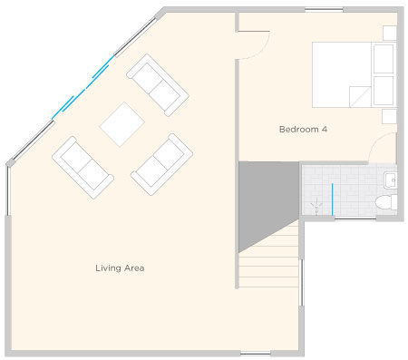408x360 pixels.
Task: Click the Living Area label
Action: point(120,268)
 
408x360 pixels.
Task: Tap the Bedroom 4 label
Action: point(303,130)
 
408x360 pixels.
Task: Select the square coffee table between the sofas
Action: point(122,124)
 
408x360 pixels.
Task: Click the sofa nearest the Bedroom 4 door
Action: point(158,85)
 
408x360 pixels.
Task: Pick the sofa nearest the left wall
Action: point(83,168)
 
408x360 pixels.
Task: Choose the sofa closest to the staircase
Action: point(162,164)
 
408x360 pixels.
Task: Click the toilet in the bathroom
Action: point(386,202)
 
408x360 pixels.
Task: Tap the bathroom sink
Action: point(391,180)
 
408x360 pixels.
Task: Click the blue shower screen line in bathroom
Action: point(333,199)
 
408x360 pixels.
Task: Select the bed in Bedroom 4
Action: point(355,74)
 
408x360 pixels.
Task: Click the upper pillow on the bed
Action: point(384,59)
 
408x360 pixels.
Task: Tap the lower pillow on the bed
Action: point(384,91)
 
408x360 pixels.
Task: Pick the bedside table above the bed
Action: point(390,33)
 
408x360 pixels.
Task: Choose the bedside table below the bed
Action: point(389,116)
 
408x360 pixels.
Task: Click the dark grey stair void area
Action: point(263,197)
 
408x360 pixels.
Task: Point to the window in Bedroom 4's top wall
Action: point(324,9)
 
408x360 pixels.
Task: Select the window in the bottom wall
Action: point(256,354)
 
